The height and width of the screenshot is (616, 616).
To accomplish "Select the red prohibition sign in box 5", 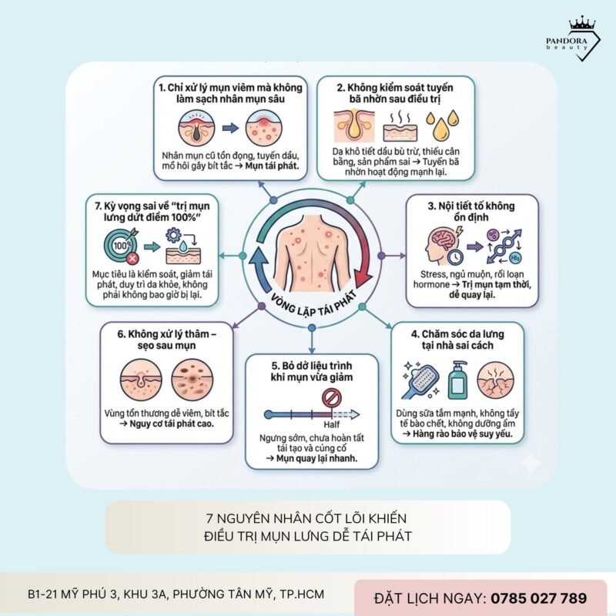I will (x=330, y=398).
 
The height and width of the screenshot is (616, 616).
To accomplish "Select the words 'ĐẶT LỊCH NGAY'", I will (x=429, y=598).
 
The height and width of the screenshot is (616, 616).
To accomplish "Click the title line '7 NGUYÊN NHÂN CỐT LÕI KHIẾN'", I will (x=307, y=517).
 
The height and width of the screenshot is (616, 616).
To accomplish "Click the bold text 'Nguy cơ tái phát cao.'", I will (x=165, y=424).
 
